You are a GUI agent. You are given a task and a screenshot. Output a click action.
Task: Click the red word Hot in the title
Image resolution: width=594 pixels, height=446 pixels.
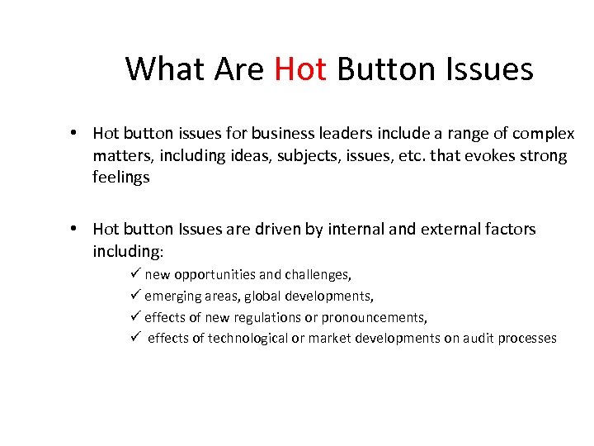[300, 69]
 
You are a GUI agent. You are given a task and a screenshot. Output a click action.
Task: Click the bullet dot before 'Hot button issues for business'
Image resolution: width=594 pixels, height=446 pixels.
[74, 134]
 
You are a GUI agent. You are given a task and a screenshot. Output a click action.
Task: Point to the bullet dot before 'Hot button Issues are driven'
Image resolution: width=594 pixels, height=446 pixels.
[74, 229]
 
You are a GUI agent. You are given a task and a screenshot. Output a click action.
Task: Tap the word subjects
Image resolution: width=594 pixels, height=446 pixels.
[306, 156]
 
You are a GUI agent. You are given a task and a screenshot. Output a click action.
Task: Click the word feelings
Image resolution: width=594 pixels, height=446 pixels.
[120, 178]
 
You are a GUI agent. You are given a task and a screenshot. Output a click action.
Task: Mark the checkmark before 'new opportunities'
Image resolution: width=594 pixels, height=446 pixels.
[137, 274]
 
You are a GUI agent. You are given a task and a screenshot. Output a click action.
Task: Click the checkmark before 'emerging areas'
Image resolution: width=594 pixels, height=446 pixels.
[137, 296]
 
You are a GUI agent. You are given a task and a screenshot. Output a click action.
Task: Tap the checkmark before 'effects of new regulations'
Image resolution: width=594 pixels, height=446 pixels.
[137, 317]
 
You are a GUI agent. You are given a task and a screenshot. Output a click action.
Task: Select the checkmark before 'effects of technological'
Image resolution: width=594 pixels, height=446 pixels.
[137, 338]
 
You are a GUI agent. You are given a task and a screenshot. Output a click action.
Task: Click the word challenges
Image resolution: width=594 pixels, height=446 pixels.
[317, 275]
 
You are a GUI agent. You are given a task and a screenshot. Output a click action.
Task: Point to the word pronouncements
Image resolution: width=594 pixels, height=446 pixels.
[374, 317]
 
